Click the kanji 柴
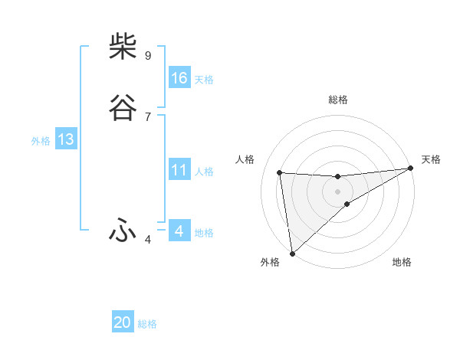[123, 47]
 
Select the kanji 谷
[123, 109]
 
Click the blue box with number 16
[179, 78]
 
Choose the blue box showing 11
[179, 170]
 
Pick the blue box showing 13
[65, 139]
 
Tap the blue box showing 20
[123, 322]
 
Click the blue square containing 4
[179, 231]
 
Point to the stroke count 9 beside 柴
[147, 55]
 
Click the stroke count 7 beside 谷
[147, 116]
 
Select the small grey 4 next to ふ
[147, 239]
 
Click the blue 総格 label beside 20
[147, 324]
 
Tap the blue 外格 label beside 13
[41, 140]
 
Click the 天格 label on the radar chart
[431, 159]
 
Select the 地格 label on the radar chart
[402, 262]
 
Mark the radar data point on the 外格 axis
[292, 253]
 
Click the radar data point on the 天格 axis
[410, 169]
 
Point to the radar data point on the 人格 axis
[280, 172]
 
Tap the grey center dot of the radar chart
[337, 191]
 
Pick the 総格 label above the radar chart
[338, 100]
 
